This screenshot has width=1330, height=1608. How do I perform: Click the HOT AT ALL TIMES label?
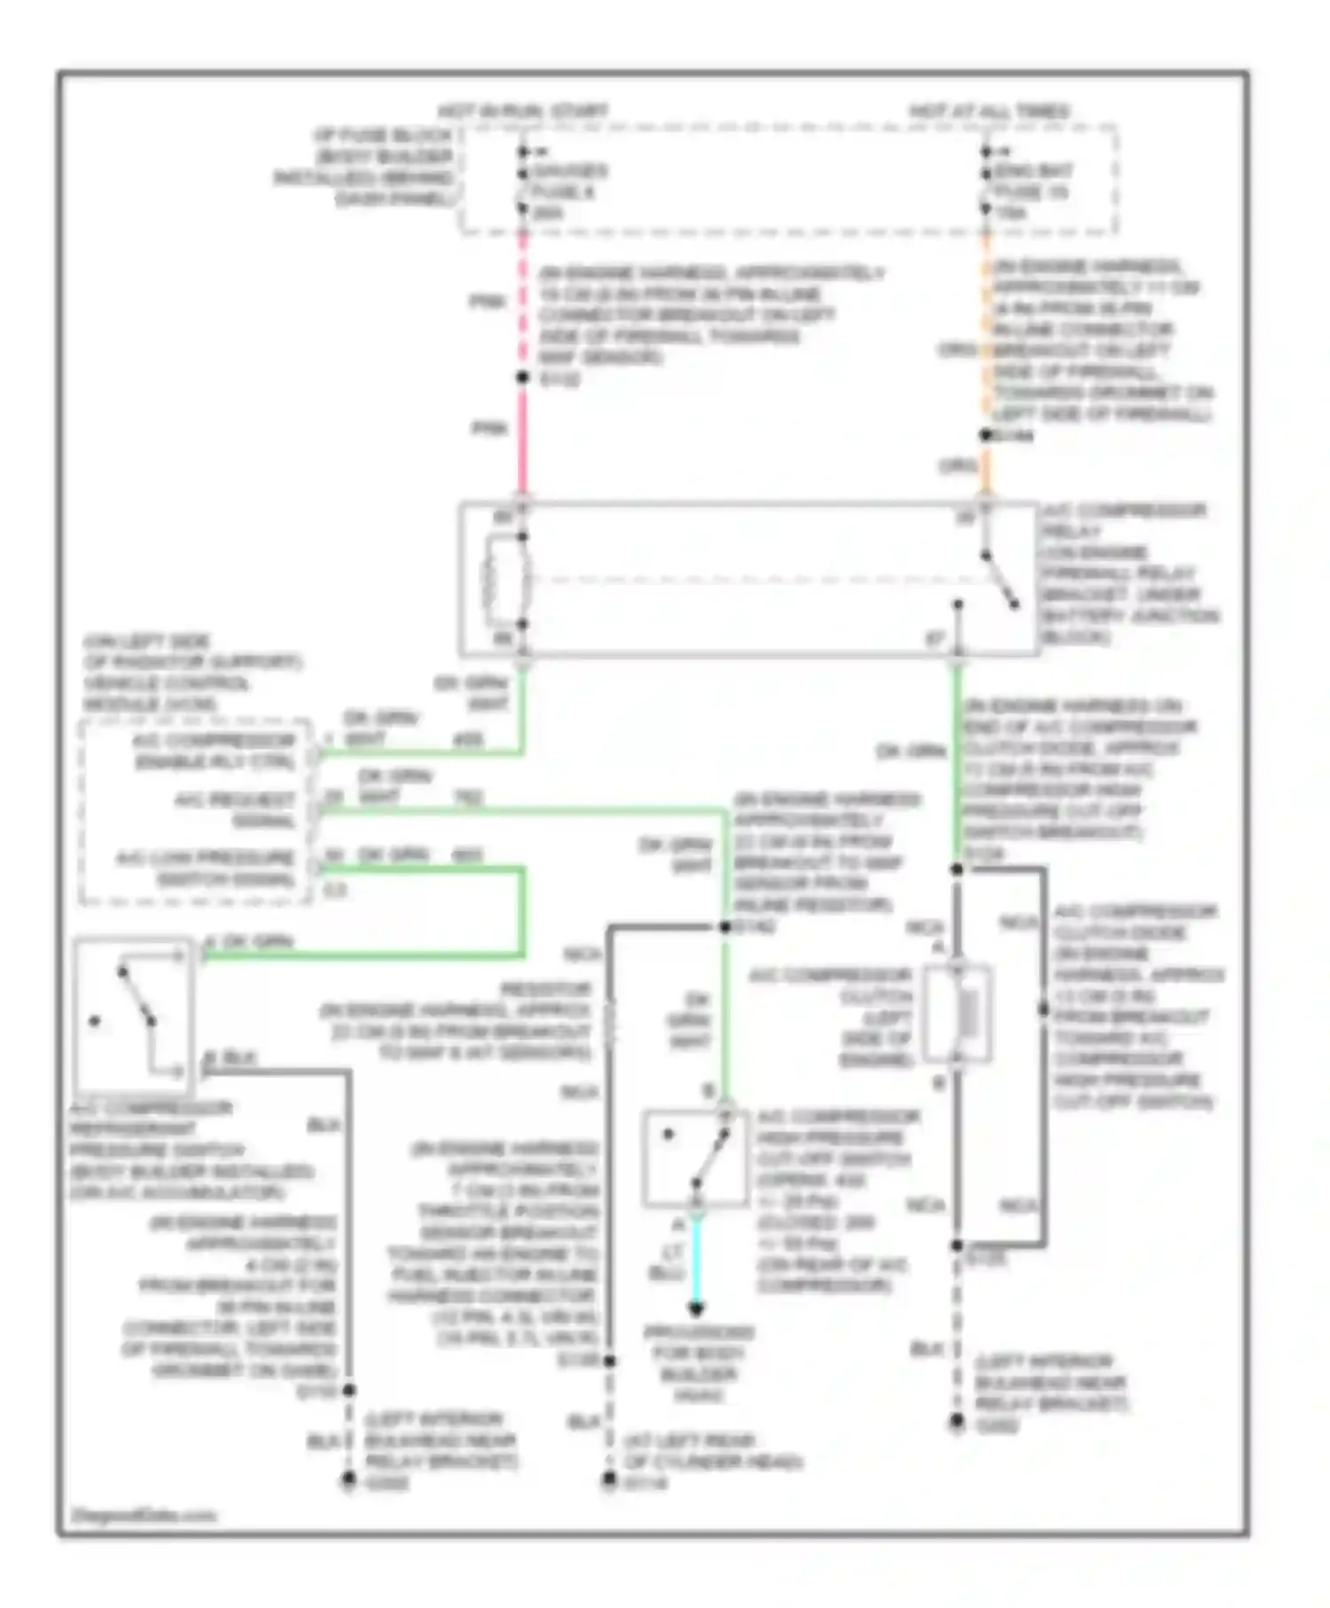989,112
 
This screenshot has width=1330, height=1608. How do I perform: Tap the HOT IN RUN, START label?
523,112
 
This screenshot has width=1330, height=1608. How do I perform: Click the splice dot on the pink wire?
523,378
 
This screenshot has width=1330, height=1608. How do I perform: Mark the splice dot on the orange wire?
985,435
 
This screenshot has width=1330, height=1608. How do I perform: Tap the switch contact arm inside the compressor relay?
1000,582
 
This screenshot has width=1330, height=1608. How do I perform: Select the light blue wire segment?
697,1259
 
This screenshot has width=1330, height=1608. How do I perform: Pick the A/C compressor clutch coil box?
957,1014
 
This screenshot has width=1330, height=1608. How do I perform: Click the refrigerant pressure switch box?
133,1016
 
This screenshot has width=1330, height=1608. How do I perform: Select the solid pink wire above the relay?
523,439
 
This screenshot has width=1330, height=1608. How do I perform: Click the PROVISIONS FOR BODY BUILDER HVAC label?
699,1363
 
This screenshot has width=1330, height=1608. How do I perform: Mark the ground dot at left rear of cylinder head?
609,1479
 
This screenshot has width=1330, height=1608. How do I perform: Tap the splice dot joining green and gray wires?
724,927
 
